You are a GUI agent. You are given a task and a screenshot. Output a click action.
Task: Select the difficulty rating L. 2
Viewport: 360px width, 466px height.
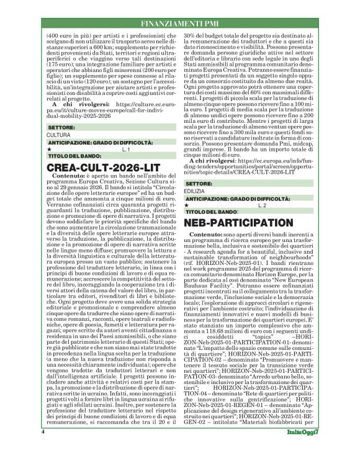[262, 204]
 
